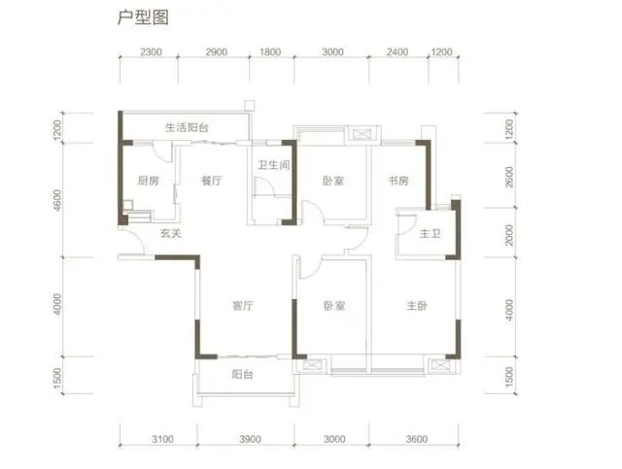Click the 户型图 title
tap(143, 17)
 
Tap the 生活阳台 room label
tap(187, 127)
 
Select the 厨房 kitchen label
tap(149, 181)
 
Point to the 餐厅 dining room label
tap(212, 181)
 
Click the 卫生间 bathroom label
tap(274, 165)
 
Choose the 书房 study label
tap(398, 181)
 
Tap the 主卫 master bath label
tap(430, 233)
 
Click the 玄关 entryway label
tap(171, 233)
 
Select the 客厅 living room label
tap(243, 306)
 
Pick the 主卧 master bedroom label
tap(417, 306)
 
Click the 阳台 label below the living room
tap(243, 374)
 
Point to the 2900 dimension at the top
tap(216, 51)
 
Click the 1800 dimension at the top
tap(270, 51)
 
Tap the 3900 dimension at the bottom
tap(251, 439)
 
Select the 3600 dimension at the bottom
tap(417, 439)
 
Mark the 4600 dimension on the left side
tap(58, 200)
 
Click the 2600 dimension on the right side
tap(509, 177)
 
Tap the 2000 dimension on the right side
tap(509, 235)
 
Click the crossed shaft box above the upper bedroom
tap(361, 134)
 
